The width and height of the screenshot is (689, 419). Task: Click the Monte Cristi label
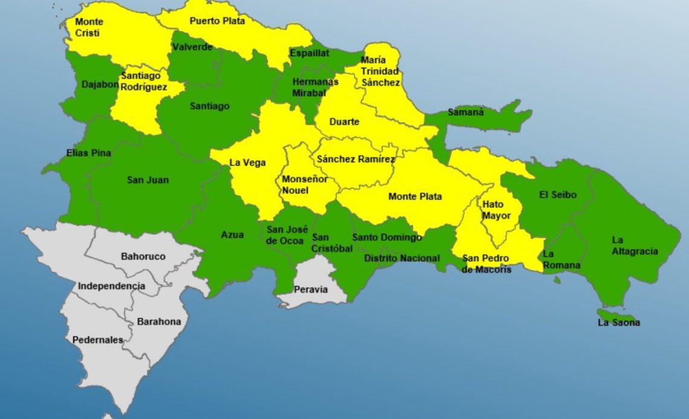tap(89, 28)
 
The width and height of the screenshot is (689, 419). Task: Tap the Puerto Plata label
tap(217, 21)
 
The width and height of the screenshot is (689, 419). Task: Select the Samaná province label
tap(465, 112)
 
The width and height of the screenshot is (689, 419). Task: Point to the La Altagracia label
tap(634, 246)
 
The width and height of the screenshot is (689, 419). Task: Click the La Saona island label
tap(618, 322)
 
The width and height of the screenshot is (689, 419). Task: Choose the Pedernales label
tap(97, 340)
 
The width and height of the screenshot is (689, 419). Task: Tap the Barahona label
tap(158, 322)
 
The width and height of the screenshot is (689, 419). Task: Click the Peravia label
tap(311, 289)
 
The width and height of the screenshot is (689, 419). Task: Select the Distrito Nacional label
tap(402, 258)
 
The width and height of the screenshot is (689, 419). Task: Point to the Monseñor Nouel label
tap(305, 185)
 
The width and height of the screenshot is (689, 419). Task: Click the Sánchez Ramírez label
tap(355, 159)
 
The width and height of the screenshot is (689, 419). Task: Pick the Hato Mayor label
tap(496, 210)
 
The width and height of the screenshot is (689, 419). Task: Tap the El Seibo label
tap(558, 195)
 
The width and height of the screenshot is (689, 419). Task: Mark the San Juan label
tap(147, 180)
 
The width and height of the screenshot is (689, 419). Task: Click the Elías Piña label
tap(89, 153)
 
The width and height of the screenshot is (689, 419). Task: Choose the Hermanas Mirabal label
tap(315, 87)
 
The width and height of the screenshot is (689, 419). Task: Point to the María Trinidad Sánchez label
tap(380, 71)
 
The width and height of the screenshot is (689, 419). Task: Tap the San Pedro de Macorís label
tap(486, 264)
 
